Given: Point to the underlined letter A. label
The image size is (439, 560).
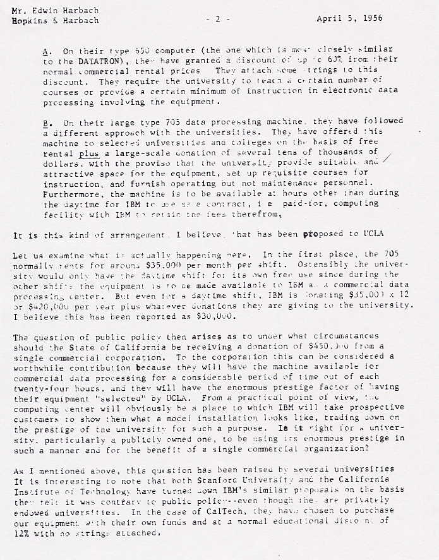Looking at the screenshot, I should [x=47, y=50].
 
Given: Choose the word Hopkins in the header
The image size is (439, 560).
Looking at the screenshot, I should [x=30, y=20].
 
